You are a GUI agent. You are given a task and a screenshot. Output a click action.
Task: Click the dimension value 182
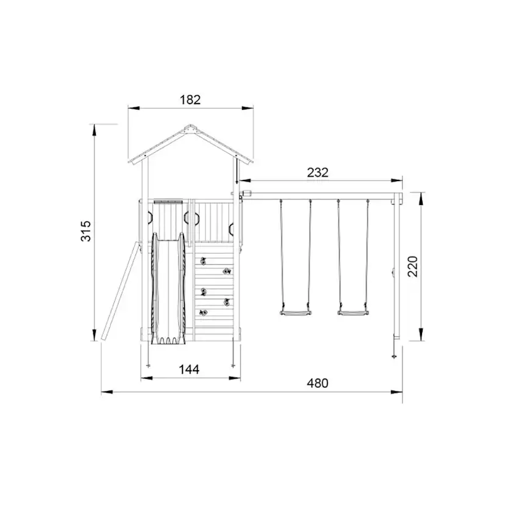190,100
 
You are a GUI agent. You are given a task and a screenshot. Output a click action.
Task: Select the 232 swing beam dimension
318,173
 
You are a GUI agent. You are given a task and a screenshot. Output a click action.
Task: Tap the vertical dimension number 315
86,231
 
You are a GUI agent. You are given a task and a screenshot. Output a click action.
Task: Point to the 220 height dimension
412,267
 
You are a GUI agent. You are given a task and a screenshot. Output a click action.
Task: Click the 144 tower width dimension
189,369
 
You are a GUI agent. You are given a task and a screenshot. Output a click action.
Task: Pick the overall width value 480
318,383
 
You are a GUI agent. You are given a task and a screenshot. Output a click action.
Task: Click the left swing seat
295,312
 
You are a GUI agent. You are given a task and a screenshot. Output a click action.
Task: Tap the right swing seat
353,312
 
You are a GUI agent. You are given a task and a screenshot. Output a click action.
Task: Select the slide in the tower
168,288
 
